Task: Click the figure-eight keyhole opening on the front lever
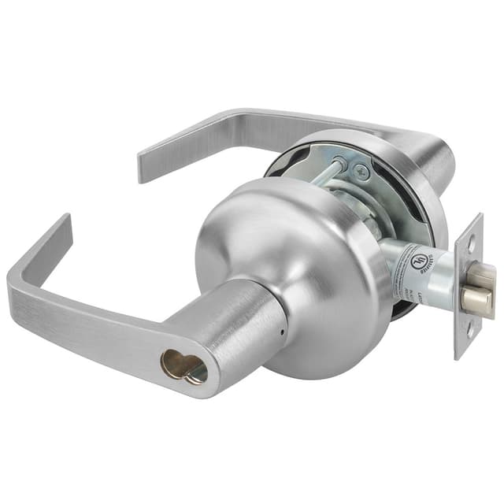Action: (x=183, y=365)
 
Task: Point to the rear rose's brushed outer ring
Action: (x=409, y=181)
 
